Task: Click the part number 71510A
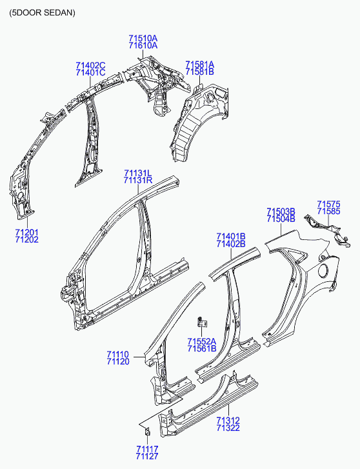143,38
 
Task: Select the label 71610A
143,45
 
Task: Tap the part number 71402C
90,65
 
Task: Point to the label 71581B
199,72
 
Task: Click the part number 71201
27,232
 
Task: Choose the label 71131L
138,173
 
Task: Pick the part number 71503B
281,212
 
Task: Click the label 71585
328,212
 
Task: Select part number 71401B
231,237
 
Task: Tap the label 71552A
202,341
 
